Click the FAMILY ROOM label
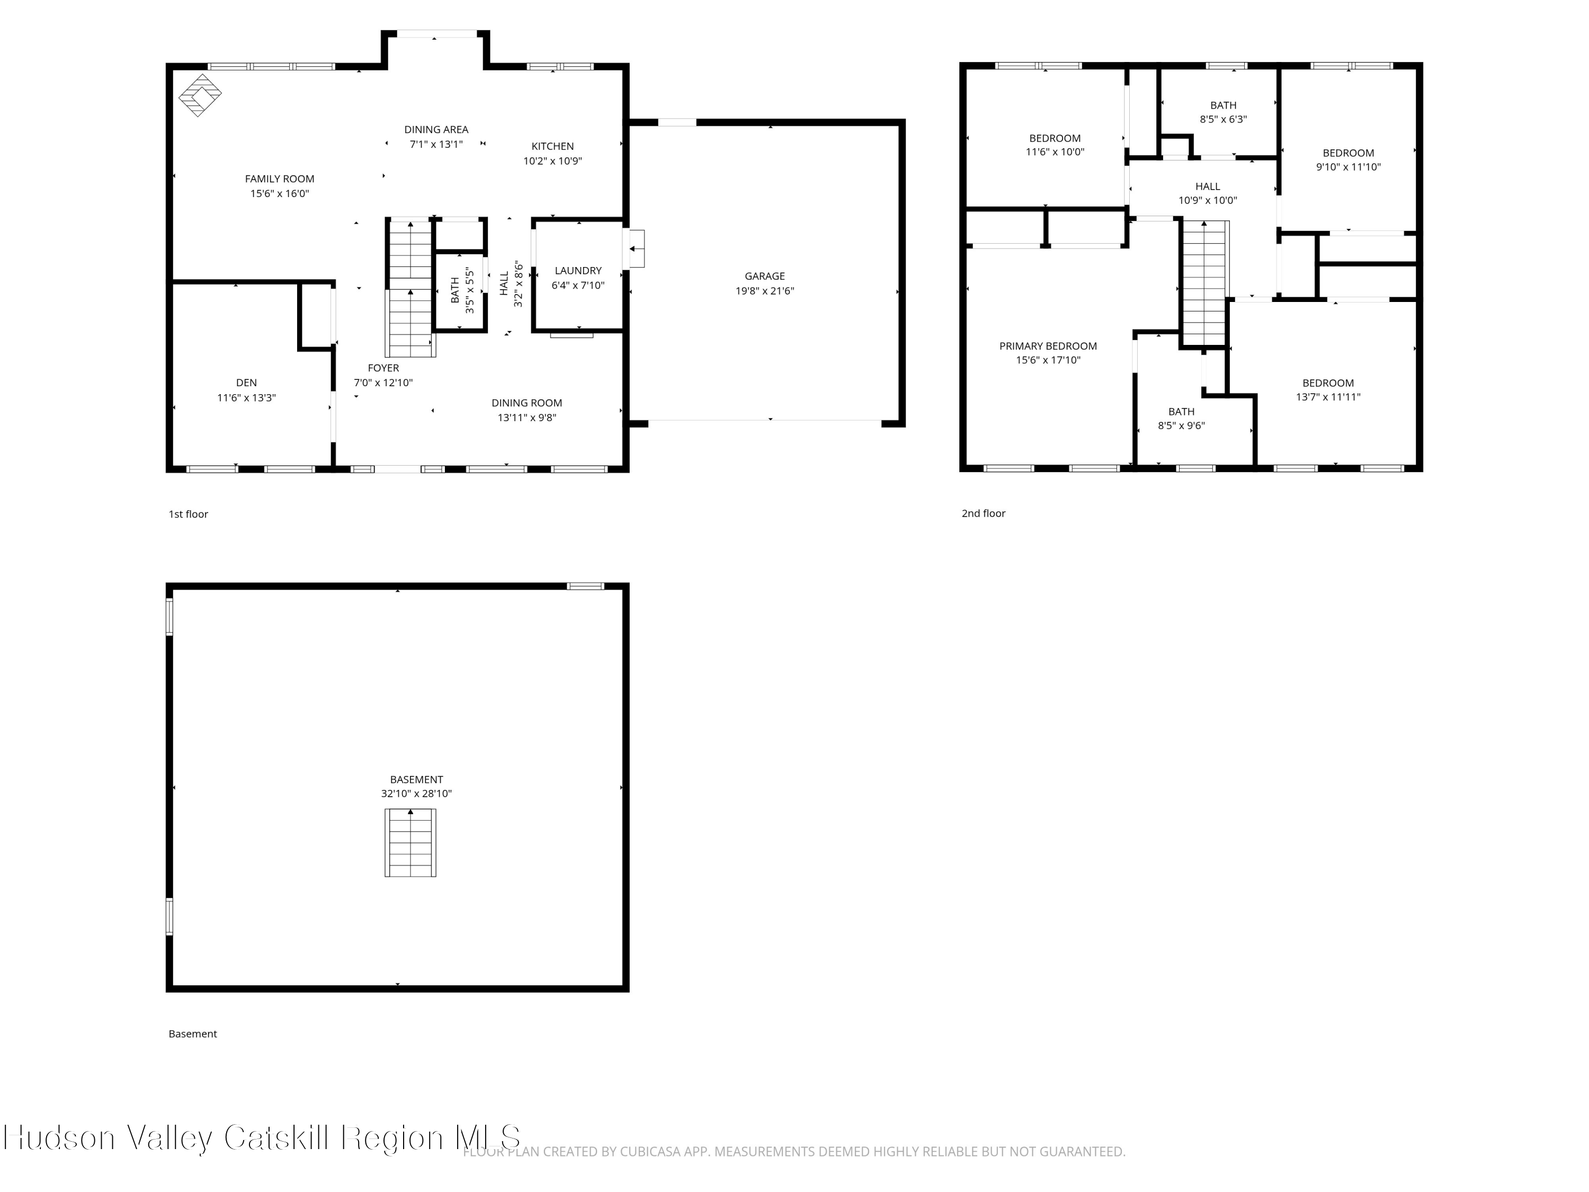[x=280, y=179]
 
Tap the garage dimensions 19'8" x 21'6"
[x=764, y=291]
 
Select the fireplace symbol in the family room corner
[x=200, y=95]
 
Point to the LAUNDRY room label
[x=577, y=271]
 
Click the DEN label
[x=246, y=383]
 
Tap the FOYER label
[x=383, y=368]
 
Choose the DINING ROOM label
[x=526, y=403]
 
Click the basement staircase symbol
[x=410, y=842]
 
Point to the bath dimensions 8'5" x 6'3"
[x=1222, y=119]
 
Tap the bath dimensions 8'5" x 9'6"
[x=1181, y=425]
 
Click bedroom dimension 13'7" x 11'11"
[x=1327, y=397]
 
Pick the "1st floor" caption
[x=188, y=514]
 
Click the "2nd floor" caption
[x=984, y=513]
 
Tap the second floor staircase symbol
[x=1204, y=284]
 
